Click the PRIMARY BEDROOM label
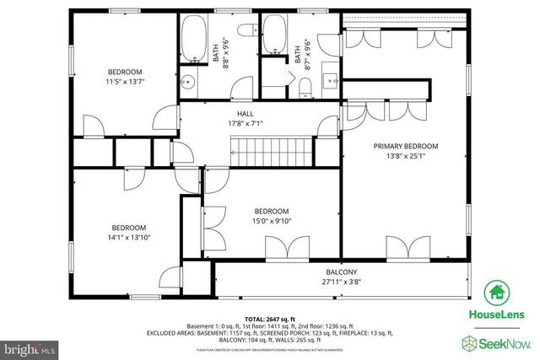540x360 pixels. [x=406, y=146]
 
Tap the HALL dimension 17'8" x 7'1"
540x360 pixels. [x=245, y=124]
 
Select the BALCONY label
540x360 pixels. [x=342, y=271]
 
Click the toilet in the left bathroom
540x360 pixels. [x=246, y=31]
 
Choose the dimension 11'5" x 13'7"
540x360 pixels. [x=124, y=82]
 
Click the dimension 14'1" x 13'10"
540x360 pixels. [x=130, y=239]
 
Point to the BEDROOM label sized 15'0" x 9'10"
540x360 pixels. [x=272, y=211]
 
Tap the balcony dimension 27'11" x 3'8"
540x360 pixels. [x=342, y=282]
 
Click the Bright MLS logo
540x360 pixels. [x=30, y=346]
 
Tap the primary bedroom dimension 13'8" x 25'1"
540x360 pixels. [x=406, y=156]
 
